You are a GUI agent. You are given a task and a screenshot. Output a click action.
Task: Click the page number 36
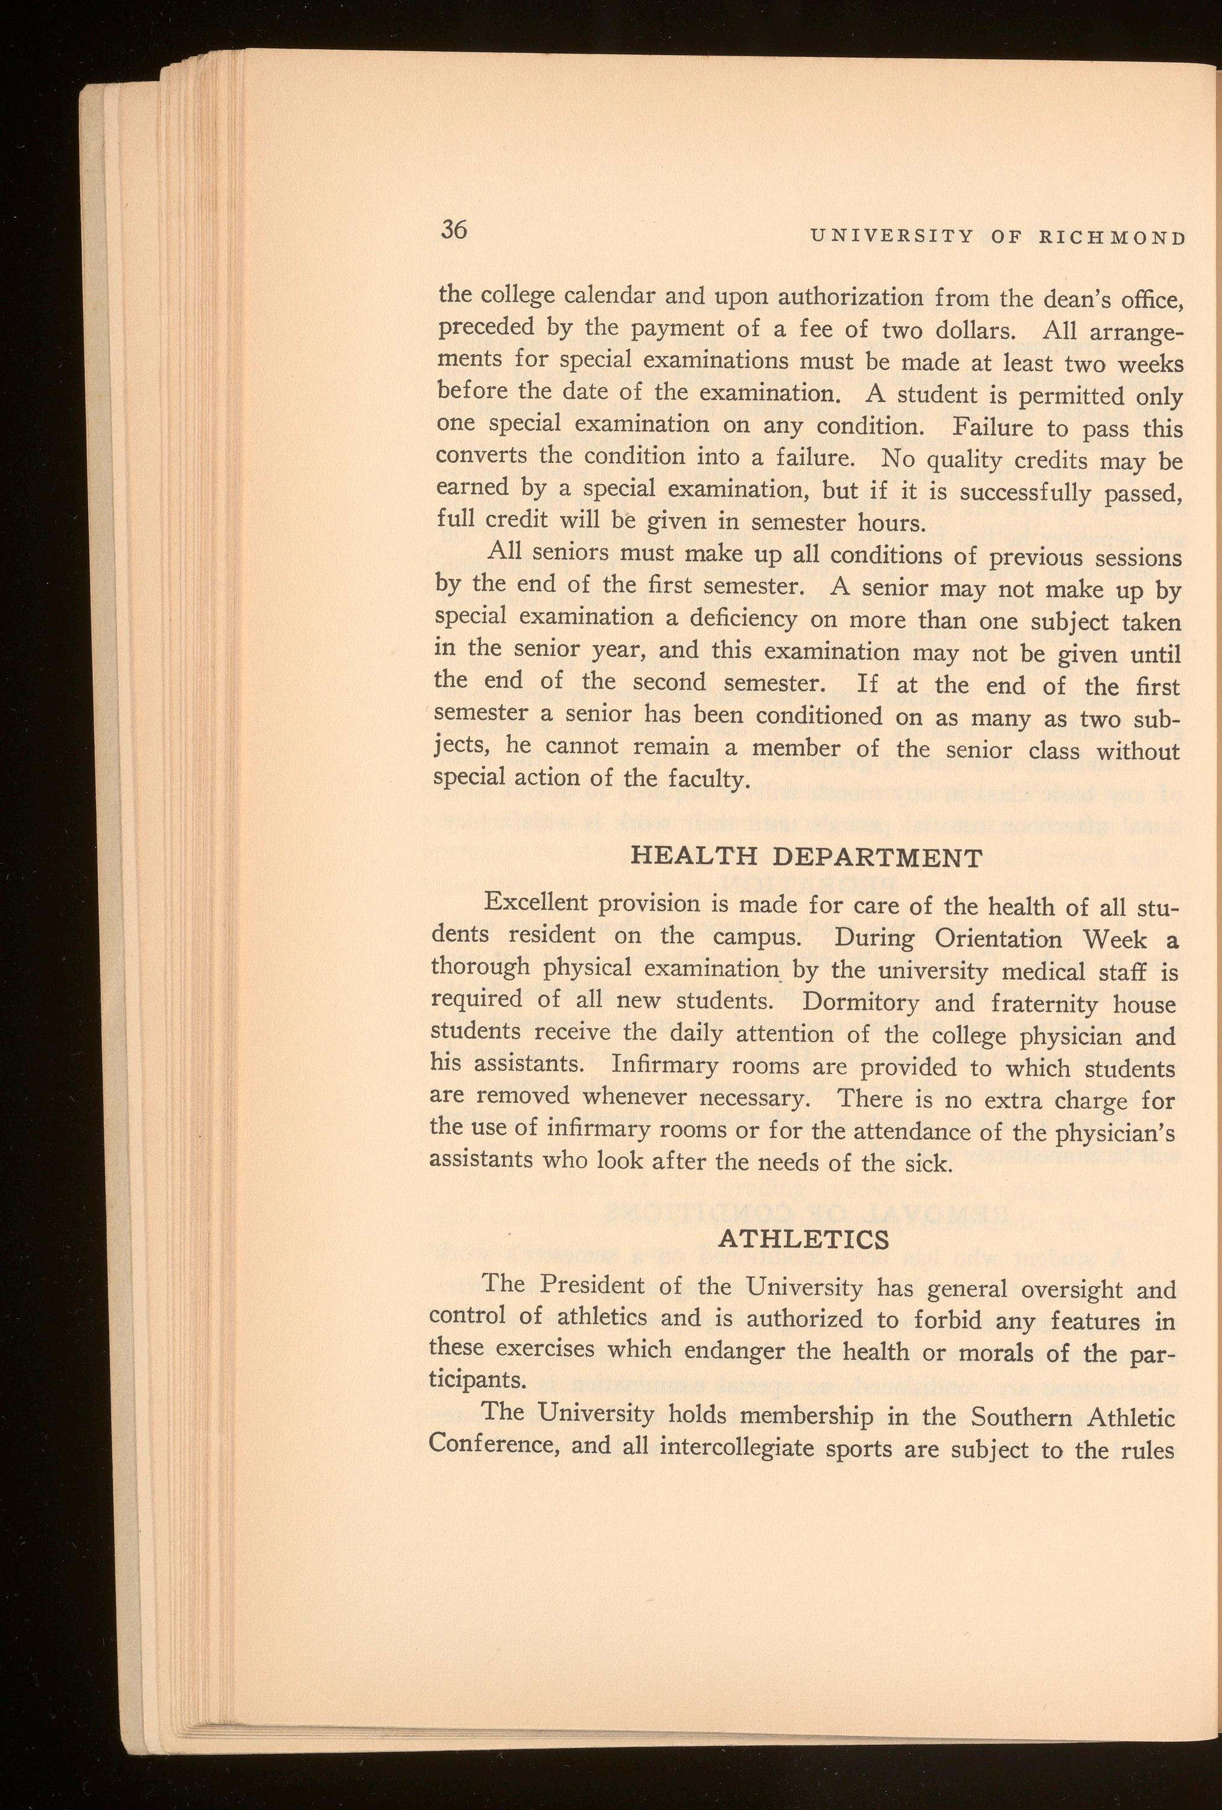[x=453, y=230]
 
